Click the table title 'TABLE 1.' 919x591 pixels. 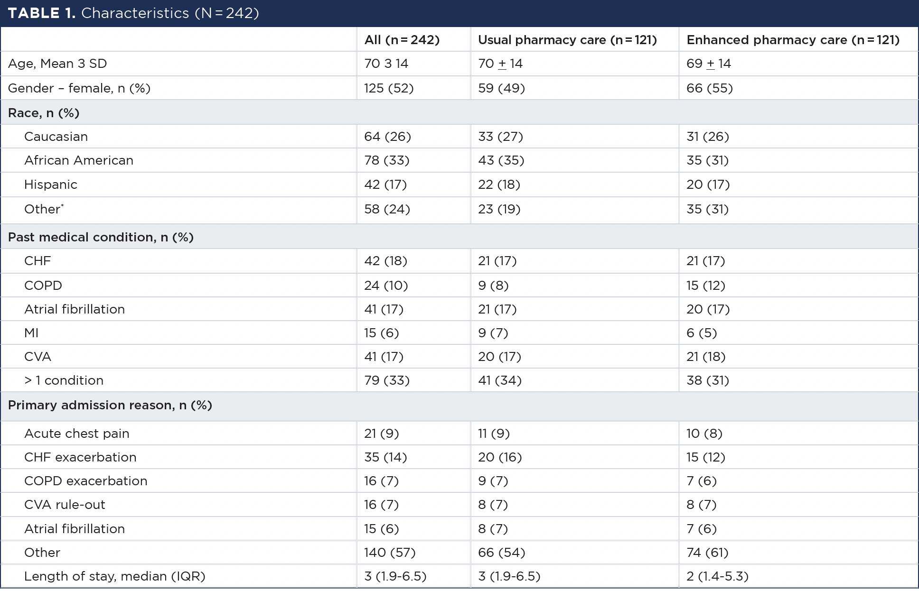(41, 13)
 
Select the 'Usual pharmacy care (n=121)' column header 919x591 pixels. (567, 40)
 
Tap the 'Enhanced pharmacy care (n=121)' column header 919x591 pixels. (793, 40)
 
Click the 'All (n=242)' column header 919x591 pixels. (402, 40)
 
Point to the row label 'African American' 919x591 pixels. (79, 160)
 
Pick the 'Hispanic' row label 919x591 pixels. (51, 185)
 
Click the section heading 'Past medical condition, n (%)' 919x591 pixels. (101, 237)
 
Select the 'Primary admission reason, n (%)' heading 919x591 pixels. (110, 405)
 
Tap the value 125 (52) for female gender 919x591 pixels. (389, 88)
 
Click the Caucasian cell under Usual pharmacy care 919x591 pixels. (500, 137)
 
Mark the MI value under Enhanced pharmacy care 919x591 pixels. (701, 333)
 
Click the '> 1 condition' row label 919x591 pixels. (64, 380)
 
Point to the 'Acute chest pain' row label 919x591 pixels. (76, 434)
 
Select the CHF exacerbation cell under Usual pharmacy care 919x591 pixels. (500, 457)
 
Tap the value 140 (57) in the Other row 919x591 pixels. (390, 553)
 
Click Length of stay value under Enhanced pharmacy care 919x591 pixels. (717, 576)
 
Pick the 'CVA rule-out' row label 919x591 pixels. (65, 505)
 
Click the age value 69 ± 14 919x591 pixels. (708, 64)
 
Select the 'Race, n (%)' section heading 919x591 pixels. (44, 113)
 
